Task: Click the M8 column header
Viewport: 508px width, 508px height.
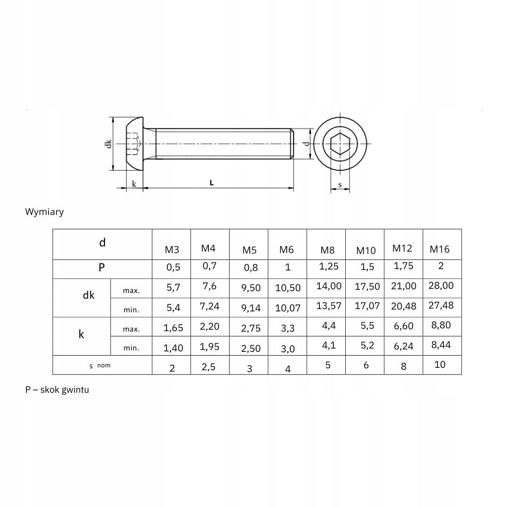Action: [327, 250]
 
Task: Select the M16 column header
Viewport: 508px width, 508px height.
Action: [439, 249]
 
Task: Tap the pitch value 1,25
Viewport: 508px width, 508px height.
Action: [328, 266]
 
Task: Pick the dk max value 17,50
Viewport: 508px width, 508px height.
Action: [367, 287]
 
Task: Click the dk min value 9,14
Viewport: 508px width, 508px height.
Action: [251, 308]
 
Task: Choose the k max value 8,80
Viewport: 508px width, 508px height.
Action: [441, 325]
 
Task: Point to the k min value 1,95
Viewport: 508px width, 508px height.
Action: [209, 347]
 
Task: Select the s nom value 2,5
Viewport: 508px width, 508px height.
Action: [208, 367]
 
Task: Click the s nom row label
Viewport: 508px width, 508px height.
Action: [100, 365]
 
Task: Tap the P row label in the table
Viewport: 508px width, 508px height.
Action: [102, 268]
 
